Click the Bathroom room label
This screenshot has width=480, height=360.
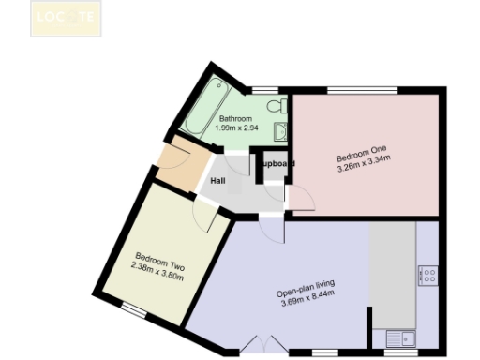(x=235, y=119)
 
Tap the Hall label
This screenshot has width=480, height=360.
(x=217, y=181)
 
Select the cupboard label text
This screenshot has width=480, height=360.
(x=277, y=164)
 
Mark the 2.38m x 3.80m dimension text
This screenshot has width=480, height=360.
(x=157, y=266)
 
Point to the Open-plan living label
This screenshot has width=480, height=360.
(x=307, y=291)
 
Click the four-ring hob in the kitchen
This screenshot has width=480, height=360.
(x=429, y=275)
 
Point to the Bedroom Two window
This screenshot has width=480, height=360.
(x=137, y=308)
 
